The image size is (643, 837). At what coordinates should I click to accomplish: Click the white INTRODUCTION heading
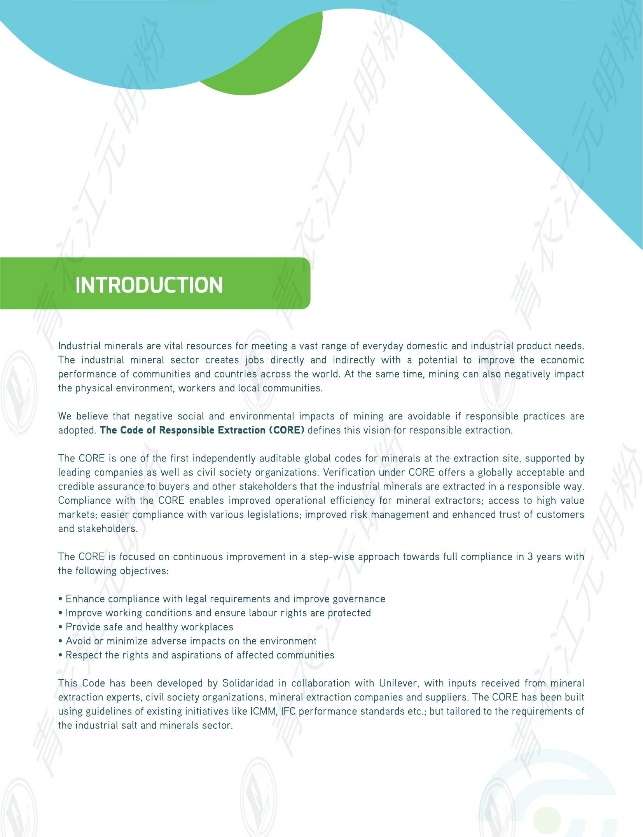click(149, 285)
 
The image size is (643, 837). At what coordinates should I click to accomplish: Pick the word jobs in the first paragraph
click(255, 360)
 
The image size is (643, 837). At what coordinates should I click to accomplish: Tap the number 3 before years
click(530, 556)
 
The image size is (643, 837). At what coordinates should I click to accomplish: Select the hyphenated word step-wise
click(332, 556)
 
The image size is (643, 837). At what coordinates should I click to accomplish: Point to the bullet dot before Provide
click(61, 627)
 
